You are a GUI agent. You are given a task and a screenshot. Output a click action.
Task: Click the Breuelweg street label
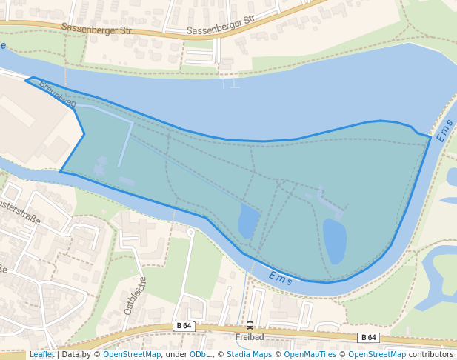click(x=58, y=94)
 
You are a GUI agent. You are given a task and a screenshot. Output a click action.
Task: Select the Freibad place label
click(x=250, y=336)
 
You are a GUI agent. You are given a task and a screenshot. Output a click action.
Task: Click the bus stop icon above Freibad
click(x=250, y=325)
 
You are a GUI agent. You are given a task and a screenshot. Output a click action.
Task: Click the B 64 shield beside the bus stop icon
click(x=184, y=325)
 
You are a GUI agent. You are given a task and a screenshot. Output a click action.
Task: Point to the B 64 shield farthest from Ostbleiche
click(x=368, y=337)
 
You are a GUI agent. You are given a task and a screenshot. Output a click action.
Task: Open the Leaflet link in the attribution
click(x=41, y=354)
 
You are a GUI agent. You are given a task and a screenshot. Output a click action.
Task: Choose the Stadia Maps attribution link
click(x=249, y=354)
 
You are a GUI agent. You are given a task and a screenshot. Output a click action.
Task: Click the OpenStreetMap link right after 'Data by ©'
click(x=132, y=354)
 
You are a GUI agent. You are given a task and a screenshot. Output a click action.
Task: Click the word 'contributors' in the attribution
click(x=431, y=354)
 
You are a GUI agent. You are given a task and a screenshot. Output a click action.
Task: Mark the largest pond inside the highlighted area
click(x=335, y=240)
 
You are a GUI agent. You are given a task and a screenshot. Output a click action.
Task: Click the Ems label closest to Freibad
click(x=281, y=279)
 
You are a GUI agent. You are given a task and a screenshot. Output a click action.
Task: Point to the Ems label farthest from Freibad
click(x=444, y=130)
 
